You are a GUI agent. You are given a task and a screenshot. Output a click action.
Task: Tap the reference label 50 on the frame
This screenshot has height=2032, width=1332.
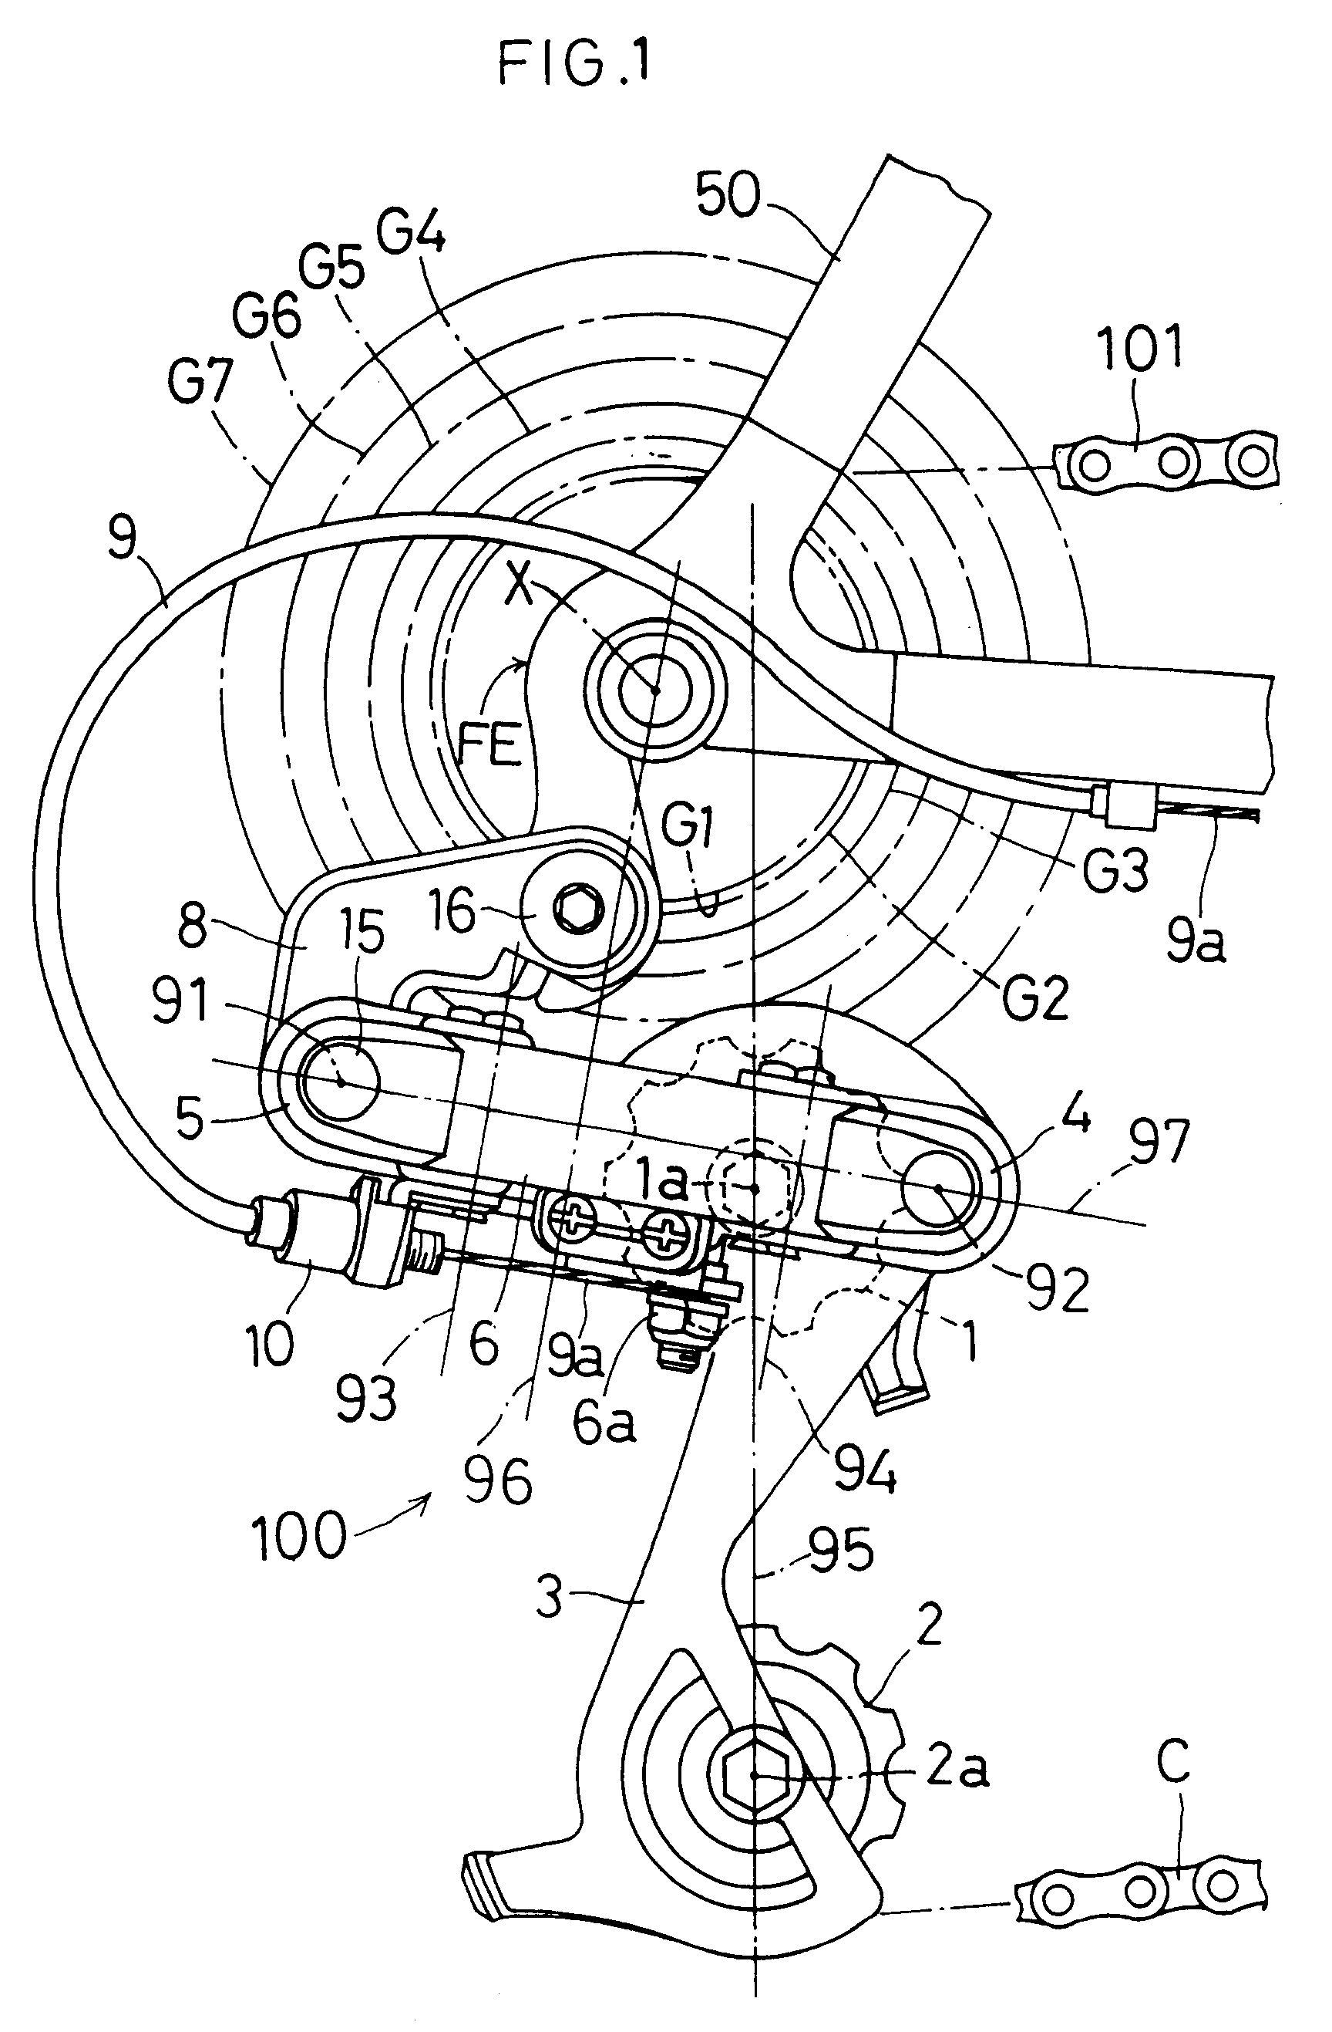point(728,194)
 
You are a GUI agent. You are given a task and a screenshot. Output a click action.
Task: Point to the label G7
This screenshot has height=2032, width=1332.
point(200,382)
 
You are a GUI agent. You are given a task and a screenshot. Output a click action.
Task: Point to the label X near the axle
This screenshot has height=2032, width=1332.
point(518,587)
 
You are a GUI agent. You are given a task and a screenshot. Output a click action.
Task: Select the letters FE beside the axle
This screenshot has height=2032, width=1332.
point(489,745)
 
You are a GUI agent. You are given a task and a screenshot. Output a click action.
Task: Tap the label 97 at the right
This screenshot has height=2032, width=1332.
point(1157,1142)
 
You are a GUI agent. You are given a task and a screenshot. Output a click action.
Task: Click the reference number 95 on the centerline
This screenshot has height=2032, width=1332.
point(839,1548)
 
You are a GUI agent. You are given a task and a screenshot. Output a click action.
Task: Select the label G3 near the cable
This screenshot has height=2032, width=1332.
point(1115,872)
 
